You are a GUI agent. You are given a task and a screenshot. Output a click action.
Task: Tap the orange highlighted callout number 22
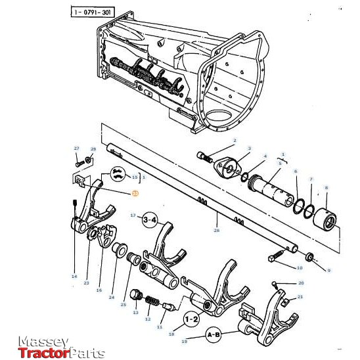coord(135,193)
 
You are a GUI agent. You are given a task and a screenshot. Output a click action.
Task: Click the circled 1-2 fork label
coord(192,319)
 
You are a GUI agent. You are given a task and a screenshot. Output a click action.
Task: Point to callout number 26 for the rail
coord(216,230)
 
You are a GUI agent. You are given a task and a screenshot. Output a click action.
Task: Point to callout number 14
coord(74,277)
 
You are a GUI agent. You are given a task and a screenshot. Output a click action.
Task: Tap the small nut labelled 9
coord(310,256)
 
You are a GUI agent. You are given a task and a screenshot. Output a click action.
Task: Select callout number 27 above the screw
coord(76,148)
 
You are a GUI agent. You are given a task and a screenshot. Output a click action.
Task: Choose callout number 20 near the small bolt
coord(301,283)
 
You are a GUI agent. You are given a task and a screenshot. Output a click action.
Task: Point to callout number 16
coord(99,290)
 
